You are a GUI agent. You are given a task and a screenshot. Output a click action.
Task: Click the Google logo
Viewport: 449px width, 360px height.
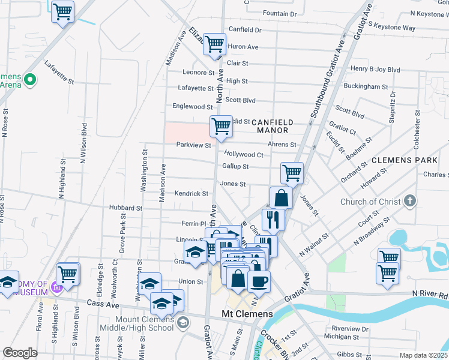coord(20,353)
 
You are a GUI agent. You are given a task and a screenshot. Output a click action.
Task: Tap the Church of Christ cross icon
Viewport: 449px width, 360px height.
coord(409,201)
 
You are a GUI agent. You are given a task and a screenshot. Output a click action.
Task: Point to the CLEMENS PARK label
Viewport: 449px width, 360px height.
coord(404,161)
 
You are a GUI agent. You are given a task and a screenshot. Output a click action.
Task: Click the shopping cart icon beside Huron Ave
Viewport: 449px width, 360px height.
coord(214,44)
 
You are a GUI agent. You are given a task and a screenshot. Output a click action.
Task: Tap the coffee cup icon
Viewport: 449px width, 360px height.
coord(259,281)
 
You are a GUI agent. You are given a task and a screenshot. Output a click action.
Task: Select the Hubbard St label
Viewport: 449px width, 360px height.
coord(125,208)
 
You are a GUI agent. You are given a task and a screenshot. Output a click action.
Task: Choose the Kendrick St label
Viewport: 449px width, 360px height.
coord(191,194)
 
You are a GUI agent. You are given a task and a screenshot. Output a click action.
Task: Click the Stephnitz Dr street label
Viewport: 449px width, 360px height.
coord(391,107)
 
